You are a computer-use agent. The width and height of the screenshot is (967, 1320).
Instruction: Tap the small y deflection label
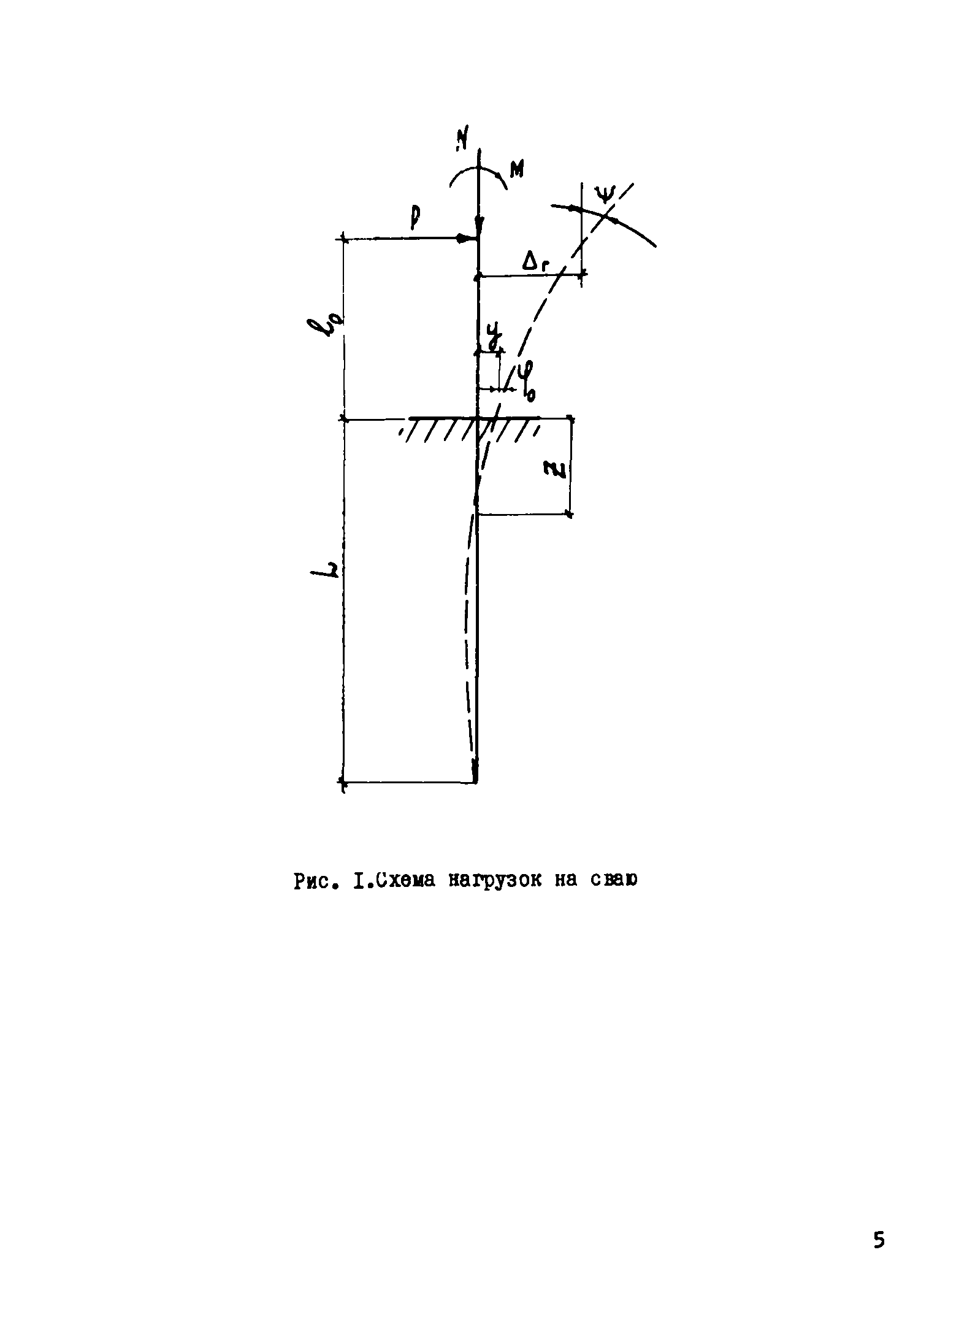point(493,340)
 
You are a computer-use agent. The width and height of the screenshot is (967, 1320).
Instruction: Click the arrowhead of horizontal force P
point(466,238)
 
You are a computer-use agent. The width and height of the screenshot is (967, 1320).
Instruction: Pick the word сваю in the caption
point(614,880)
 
